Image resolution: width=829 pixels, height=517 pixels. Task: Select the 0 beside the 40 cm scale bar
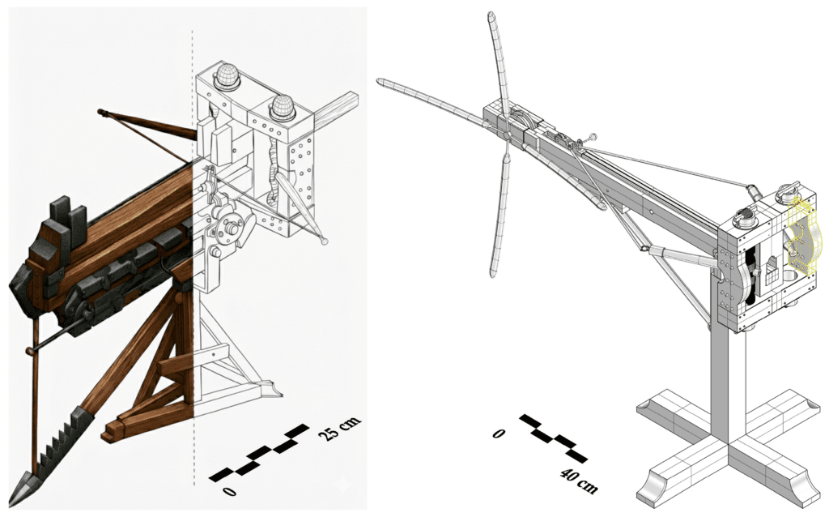[499, 434]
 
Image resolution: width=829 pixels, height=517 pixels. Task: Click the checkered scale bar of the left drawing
[259, 453]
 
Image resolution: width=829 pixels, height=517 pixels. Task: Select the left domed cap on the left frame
[227, 78]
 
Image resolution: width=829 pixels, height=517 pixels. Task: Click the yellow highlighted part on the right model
[801, 234]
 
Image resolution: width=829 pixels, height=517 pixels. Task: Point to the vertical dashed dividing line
[193, 243]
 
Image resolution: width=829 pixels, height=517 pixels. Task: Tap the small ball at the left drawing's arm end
[325, 241]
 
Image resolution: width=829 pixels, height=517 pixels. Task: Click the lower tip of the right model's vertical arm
[492, 271]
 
